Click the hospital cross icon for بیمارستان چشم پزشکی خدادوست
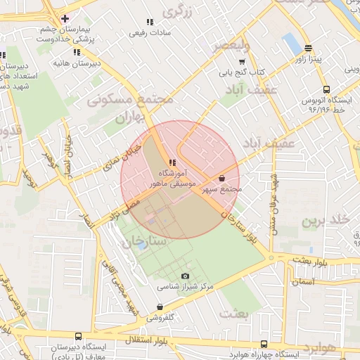click(x=65, y=18)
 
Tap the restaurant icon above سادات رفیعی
click(x=149, y=22)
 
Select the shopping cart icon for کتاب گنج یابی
click(x=242, y=61)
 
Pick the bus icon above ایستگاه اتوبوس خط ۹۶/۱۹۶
click(x=326, y=89)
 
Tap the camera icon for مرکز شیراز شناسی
click(x=185, y=276)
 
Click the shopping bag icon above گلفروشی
click(x=161, y=307)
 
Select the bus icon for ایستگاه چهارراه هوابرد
click(x=264, y=344)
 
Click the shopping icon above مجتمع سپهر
click(x=223, y=179)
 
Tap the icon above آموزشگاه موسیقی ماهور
click(x=172, y=163)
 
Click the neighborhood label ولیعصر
click(x=231, y=46)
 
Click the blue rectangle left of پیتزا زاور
click(x=291, y=44)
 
